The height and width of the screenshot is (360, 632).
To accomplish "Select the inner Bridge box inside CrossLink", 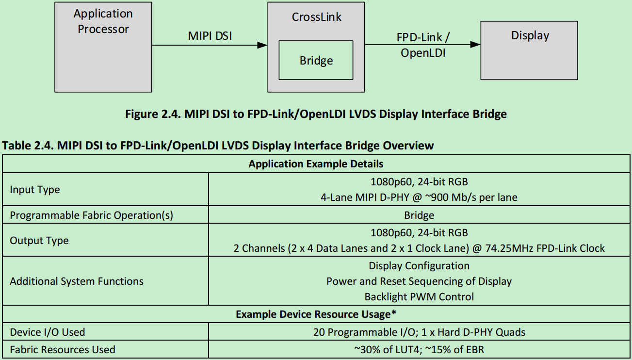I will tap(316, 60).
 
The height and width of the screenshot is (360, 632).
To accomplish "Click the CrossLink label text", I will tap(316, 17).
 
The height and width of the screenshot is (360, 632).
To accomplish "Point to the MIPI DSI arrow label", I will tap(210, 36).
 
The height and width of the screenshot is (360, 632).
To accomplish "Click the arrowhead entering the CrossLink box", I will tap(262, 45).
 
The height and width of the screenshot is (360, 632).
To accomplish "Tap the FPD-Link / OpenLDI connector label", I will tap(423, 45).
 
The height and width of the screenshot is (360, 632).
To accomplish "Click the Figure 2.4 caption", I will tap(316, 114).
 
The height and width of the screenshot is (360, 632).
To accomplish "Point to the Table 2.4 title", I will tap(218, 145).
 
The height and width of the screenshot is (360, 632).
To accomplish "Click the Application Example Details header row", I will tap(316, 164).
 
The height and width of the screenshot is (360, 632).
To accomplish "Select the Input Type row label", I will tap(35, 189).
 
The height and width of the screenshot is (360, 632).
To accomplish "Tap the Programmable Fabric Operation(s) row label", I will tap(91, 215).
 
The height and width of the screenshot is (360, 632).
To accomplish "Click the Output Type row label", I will tap(39, 241).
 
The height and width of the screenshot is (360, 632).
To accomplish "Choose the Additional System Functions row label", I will tap(77, 281).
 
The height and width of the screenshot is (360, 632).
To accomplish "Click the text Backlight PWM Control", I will tap(419, 296).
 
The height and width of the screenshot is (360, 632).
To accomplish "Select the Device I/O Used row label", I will tap(48, 332).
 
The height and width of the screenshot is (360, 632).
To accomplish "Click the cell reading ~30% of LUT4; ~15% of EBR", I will tap(419, 349).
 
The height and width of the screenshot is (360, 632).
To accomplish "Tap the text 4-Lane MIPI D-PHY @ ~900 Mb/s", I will tap(419, 197).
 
